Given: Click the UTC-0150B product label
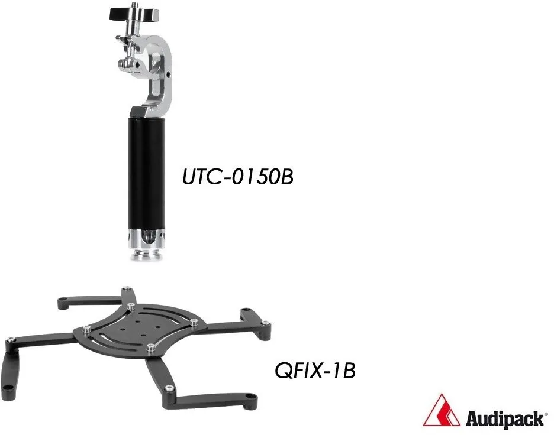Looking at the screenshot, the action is pyautogui.click(x=238, y=177).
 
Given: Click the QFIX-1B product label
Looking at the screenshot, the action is pyautogui.click(x=315, y=371).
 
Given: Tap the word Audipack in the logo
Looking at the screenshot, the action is pyautogui.click(x=504, y=419).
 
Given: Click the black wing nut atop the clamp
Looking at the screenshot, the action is pyautogui.click(x=134, y=14).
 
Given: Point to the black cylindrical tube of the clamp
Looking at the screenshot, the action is pyautogui.click(x=146, y=173).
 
